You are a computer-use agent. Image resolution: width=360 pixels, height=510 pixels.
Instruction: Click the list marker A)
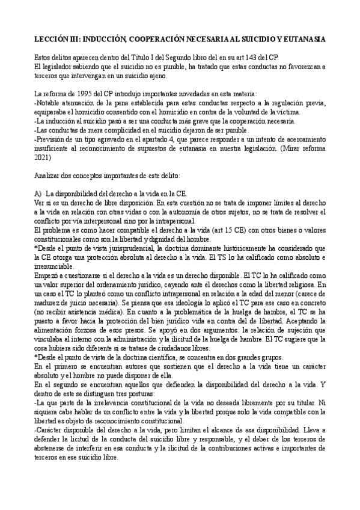pyautogui.click(x=38, y=194)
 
